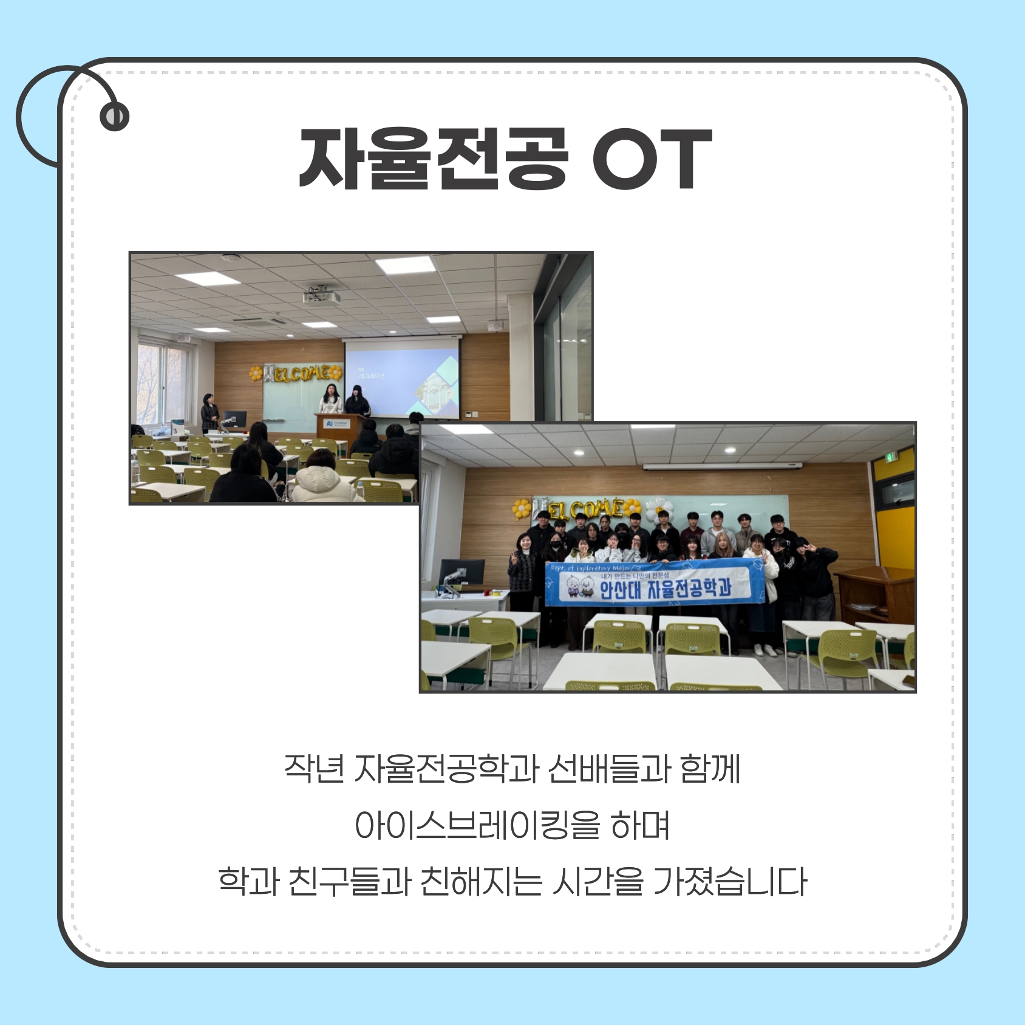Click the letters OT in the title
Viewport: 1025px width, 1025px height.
coord(652,159)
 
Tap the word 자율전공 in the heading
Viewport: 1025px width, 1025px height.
coord(434,159)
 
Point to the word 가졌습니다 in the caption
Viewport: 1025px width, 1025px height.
coord(729,882)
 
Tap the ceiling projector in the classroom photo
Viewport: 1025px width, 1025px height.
coord(322,297)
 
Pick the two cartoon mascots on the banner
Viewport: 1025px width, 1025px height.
coord(579,586)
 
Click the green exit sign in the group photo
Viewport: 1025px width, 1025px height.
coord(890,457)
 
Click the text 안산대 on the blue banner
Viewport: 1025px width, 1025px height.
coord(619,589)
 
